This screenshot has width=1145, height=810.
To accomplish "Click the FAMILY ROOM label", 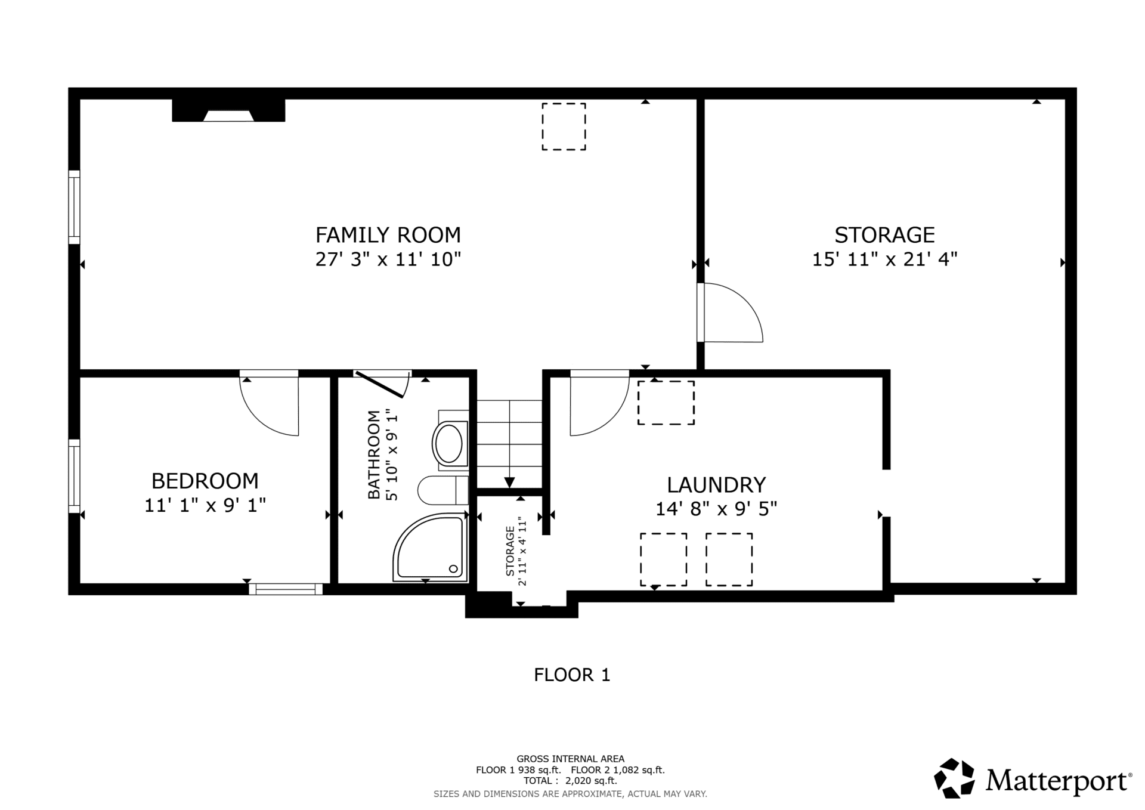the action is pos(388,235).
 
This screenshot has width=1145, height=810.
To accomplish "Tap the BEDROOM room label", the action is pos(205,481).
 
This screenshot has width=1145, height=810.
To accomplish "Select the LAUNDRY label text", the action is pos(716,485).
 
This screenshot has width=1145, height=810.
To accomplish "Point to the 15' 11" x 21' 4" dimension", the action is pos(884,259).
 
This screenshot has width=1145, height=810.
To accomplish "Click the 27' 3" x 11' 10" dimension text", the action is pos(388,259).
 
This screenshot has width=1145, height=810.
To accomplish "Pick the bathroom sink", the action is pos(450,443).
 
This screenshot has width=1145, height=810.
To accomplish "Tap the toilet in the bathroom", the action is pos(442,490).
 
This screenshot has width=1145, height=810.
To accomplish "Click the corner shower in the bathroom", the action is pos(429,547).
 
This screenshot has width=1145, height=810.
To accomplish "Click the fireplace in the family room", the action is pos(228,110).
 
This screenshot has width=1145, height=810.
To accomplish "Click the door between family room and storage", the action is pos(731,313).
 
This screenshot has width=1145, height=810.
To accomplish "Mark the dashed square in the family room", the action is pos(564,126).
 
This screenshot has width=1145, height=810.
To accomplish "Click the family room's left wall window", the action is pos(74,207).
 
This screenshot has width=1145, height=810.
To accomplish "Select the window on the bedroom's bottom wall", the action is pos(286,589).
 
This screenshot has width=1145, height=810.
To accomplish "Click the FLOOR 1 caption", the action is pos(572,675).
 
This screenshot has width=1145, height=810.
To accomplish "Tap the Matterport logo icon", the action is pos(954,778).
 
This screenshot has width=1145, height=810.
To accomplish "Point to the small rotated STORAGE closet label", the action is pos(510,551).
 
